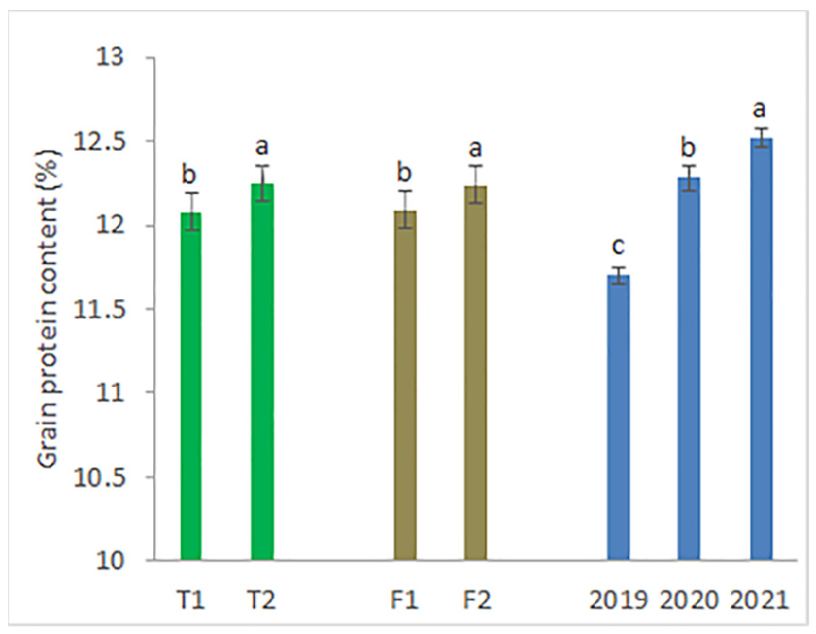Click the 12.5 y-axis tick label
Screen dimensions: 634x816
click(x=99, y=142)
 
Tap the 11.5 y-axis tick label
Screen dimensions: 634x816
click(x=99, y=309)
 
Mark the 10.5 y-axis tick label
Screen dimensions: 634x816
click(x=99, y=477)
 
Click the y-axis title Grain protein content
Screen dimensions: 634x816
click(x=49, y=309)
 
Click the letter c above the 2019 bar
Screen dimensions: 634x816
click(x=618, y=247)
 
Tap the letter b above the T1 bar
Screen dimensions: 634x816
click(x=189, y=174)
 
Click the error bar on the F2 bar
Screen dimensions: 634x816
click(x=476, y=185)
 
